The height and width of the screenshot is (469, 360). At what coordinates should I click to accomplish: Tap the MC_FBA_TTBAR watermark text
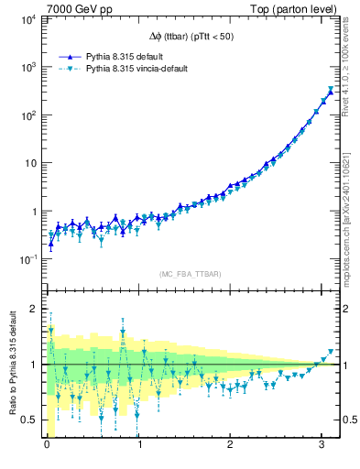point(190,274)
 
